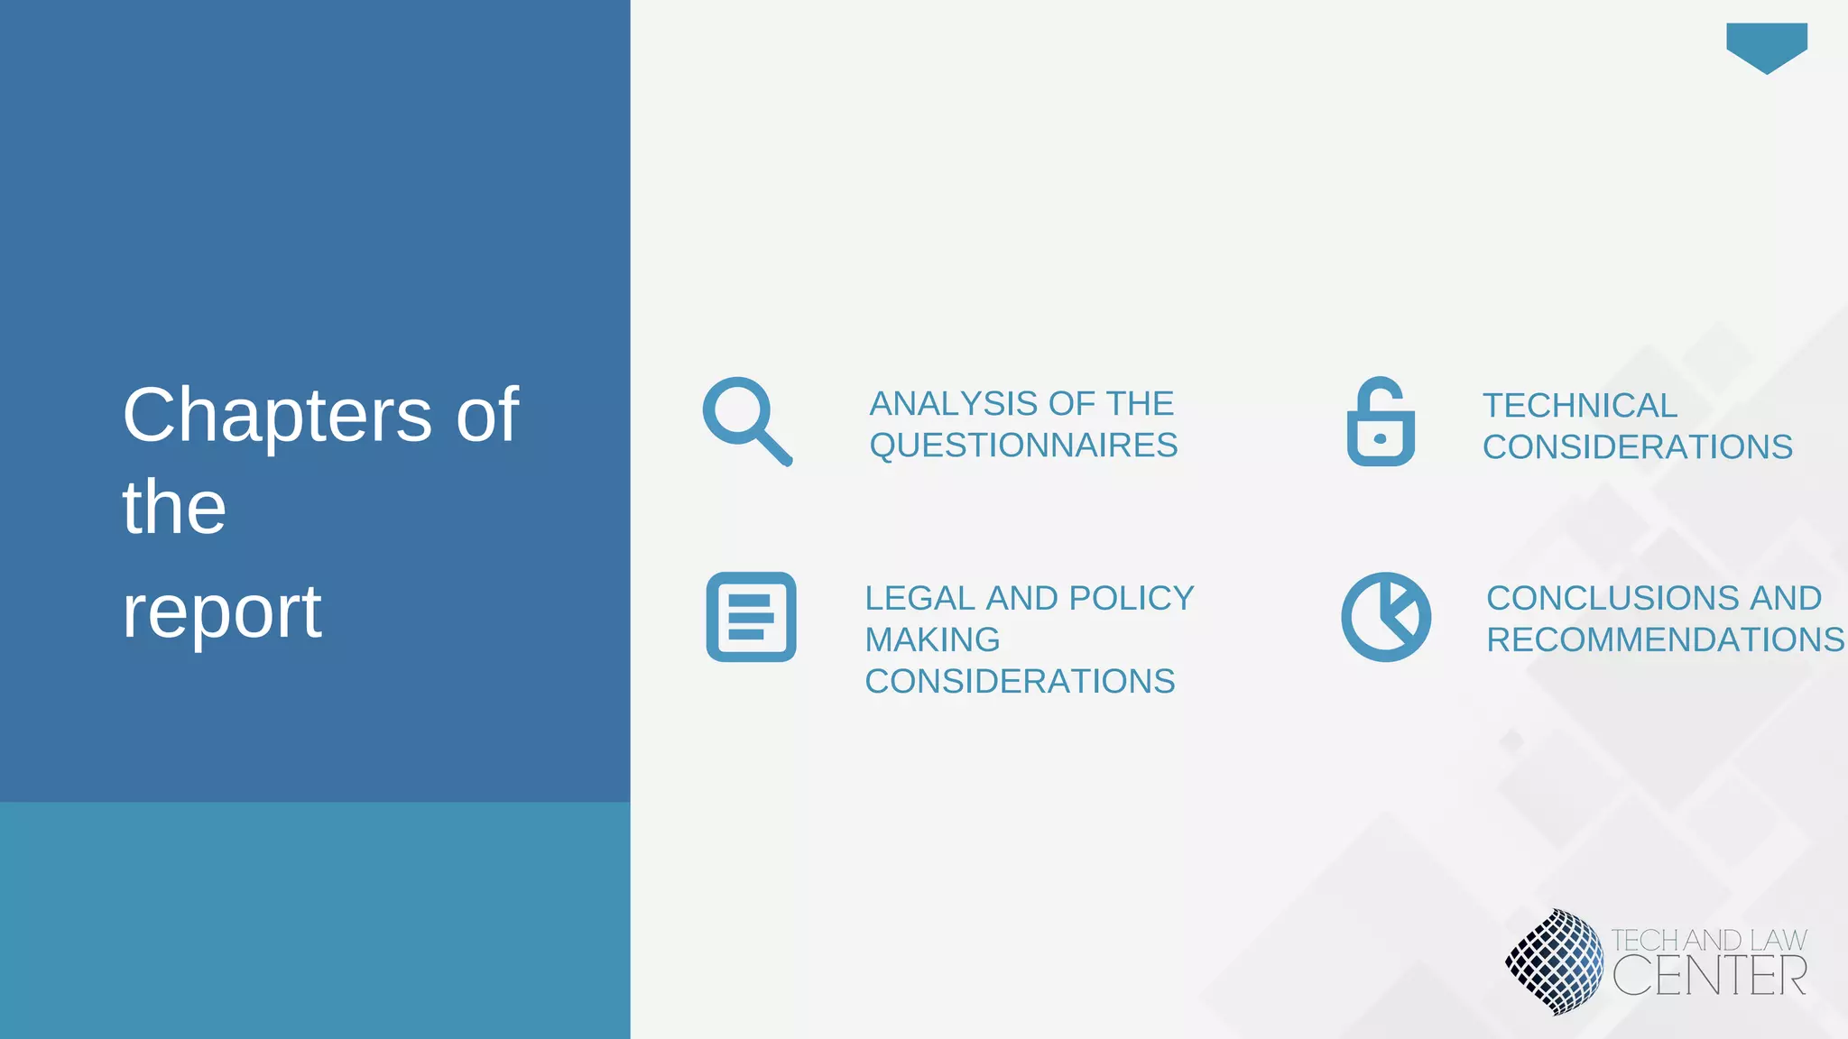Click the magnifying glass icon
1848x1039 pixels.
pyautogui.click(x=746, y=420)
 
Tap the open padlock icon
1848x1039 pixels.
pyautogui.click(x=1381, y=422)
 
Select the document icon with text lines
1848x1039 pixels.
pyautogui.click(x=751, y=617)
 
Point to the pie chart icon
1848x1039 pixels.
pyautogui.click(x=1386, y=617)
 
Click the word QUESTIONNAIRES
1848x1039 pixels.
pyautogui.click(x=1023, y=446)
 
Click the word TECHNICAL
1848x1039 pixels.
pyautogui.click(x=1579, y=406)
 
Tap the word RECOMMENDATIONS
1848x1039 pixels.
pyautogui.click(x=1666, y=639)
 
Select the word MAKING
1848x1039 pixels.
pyautogui.click(x=932, y=639)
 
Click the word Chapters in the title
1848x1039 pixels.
pyautogui.click(x=277, y=415)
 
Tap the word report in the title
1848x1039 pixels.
pyautogui.click(x=222, y=611)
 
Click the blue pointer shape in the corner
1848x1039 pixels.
pyautogui.click(x=1766, y=46)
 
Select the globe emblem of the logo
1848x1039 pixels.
pyautogui.click(x=1554, y=961)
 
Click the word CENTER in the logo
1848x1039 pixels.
pyautogui.click(x=1709, y=976)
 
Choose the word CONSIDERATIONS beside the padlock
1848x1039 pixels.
pyautogui.click(x=1637, y=447)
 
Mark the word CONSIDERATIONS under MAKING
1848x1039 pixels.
pyautogui.click(x=1020, y=681)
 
